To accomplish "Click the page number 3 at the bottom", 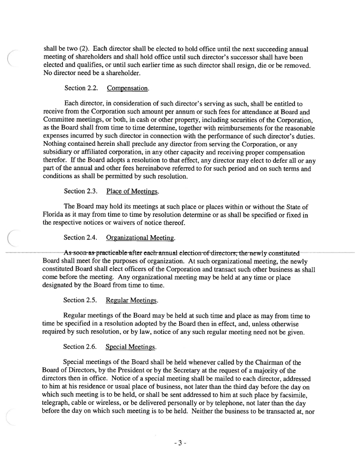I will coord(180,443).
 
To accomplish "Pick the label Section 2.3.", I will coord(81,191).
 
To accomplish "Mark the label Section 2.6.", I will coord(81,347).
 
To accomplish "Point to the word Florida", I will coord(54,215).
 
